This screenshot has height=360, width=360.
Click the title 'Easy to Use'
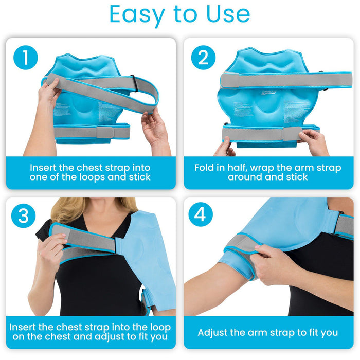pyautogui.click(x=179, y=15)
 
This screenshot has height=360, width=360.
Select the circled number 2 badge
pyautogui.click(x=203, y=58)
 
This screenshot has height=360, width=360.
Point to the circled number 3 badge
pyautogui.click(x=24, y=216)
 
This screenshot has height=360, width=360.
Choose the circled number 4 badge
pyautogui.click(x=201, y=214)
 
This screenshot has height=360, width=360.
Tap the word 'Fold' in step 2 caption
pyautogui.click(x=206, y=168)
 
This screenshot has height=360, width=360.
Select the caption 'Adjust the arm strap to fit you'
pyautogui.click(x=268, y=333)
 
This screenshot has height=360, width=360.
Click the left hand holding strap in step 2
pyautogui.click(x=225, y=148)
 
